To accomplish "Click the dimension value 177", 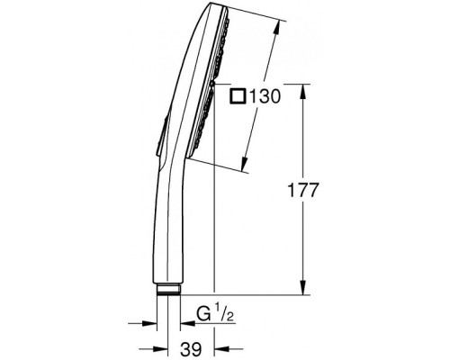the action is click(x=302, y=190).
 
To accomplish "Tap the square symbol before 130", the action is click(x=238, y=96).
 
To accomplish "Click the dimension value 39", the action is click(x=191, y=349).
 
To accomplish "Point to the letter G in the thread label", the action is click(x=203, y=313).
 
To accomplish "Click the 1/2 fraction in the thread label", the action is click(x=224, y=313).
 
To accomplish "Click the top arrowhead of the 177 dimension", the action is click(x=303, y=92).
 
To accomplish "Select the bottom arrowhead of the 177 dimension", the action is click(x=303, y=286).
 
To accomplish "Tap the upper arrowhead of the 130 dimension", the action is click(x=277, y=29).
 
